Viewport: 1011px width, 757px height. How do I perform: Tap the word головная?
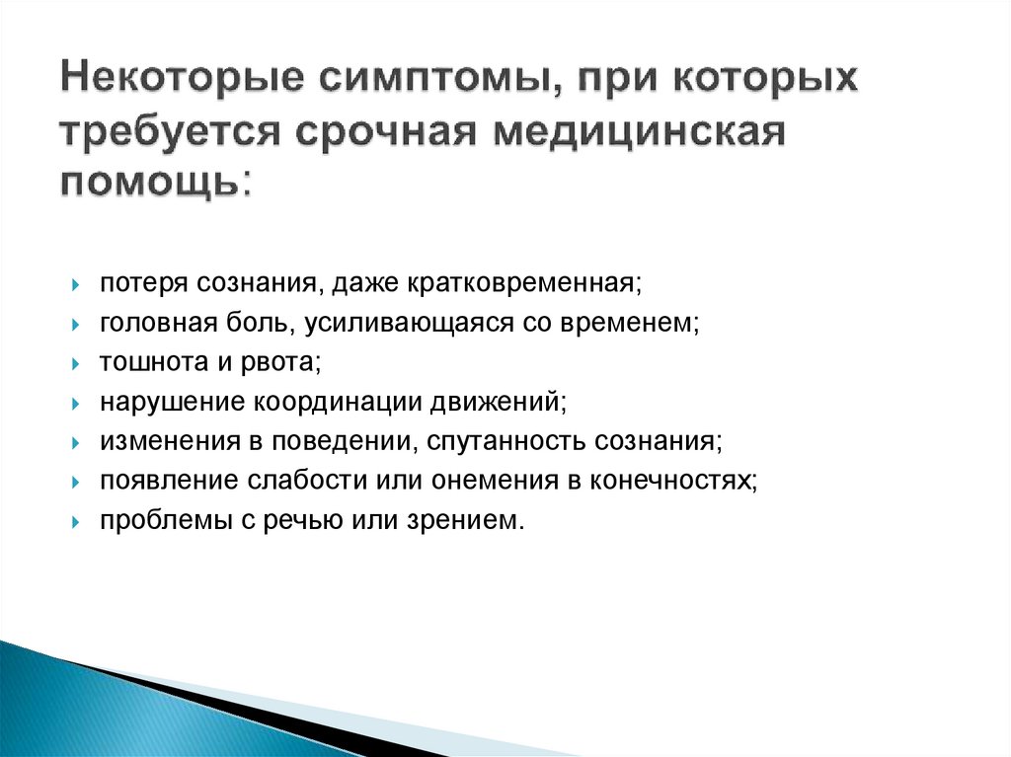146,324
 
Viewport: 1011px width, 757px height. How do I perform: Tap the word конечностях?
673,481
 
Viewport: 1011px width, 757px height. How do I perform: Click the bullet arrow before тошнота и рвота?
76,364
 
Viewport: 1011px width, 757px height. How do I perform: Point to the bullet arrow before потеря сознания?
76,286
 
